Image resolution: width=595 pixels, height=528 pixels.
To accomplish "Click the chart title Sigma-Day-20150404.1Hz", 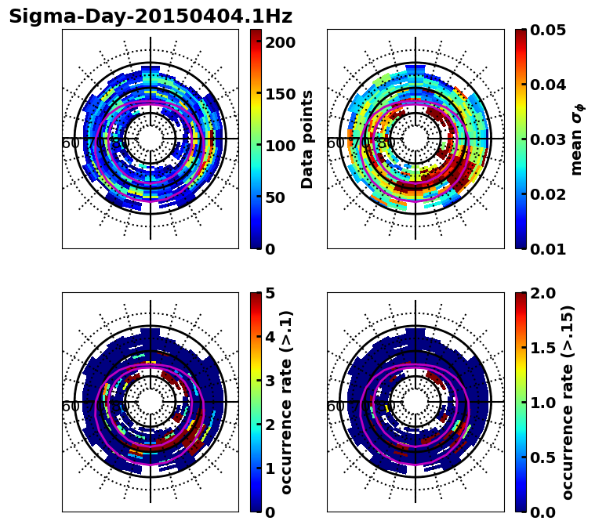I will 151,16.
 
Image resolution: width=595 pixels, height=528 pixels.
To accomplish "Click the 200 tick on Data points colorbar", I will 280,42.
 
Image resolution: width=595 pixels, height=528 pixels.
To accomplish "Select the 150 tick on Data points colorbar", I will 280,94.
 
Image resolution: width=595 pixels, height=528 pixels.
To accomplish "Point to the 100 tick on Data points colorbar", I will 280,146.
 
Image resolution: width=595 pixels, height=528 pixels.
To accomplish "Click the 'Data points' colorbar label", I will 307,139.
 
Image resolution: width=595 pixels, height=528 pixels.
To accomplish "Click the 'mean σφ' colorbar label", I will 576,139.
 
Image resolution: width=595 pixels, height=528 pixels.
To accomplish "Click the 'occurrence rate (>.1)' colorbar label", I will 287,402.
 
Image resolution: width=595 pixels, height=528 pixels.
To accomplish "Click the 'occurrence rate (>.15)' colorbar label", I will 568,402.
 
